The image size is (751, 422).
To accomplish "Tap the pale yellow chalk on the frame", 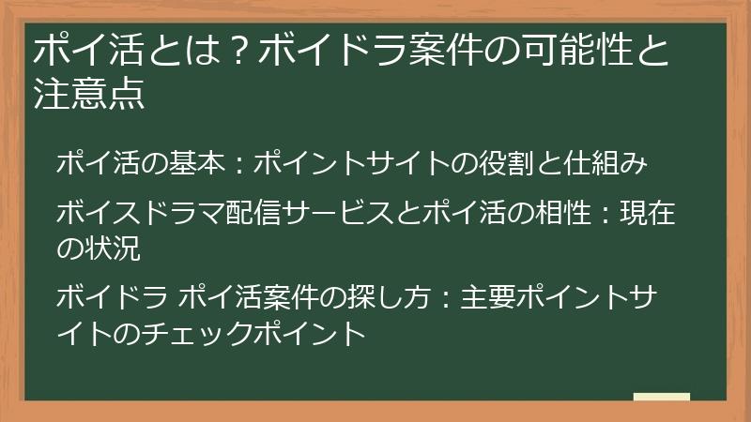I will click(x=661, y=398).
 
